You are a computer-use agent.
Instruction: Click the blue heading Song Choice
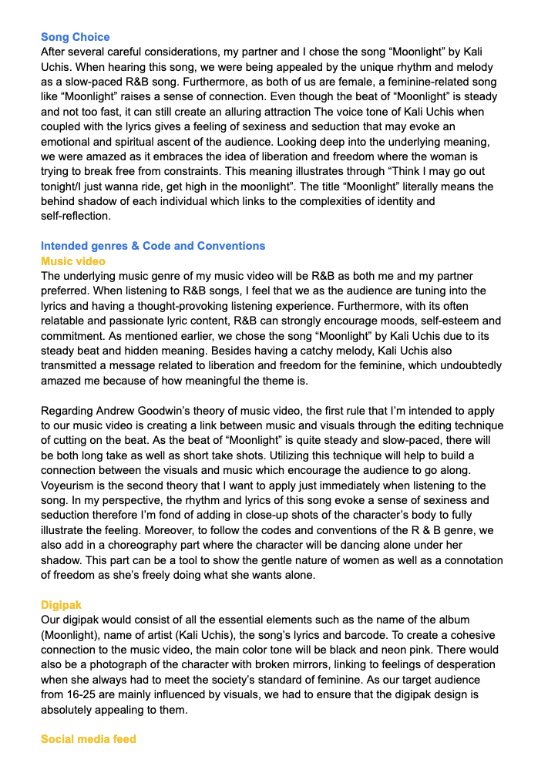click(x=76, y=37)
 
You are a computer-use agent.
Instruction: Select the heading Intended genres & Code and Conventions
click(x=153, y=246)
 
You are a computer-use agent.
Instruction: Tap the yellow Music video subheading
click(x=73, y=260)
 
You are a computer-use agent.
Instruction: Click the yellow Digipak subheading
click(x=62, y=605)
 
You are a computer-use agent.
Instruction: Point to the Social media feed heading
click(x=89, y=739)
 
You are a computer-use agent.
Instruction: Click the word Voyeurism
click(x=71, y=486)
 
